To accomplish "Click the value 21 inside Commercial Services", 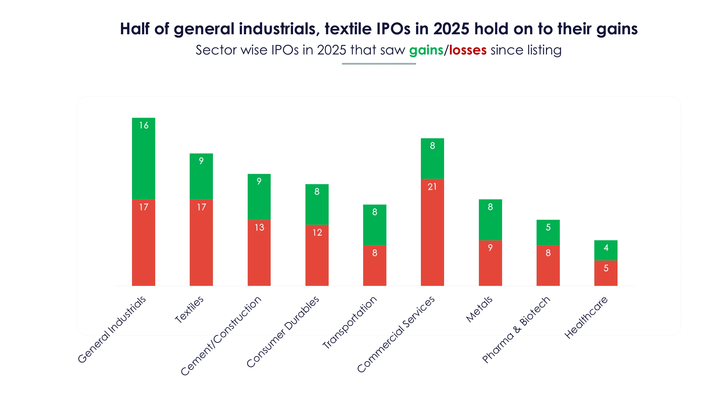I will point(432,187).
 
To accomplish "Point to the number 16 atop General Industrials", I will point(144,125).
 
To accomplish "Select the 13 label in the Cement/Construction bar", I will point(259,227).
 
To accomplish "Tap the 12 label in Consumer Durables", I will point(317,232).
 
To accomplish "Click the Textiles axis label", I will point(189,310).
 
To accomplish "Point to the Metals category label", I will point(479,309).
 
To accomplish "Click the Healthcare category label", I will point(586,318).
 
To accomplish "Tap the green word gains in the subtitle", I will point(426,50).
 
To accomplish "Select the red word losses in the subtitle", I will point(468,50).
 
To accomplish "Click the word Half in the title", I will point(134,29).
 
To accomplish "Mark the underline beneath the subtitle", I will point(379,64).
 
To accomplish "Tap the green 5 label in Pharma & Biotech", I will point(548,227).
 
